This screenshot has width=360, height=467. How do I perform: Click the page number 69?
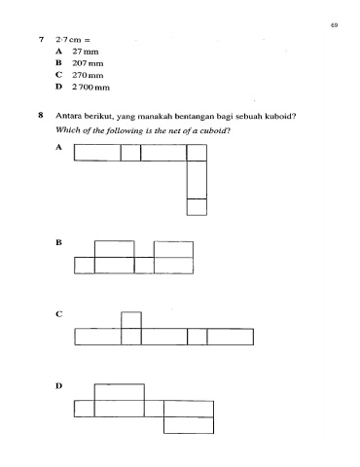tap(335, 25)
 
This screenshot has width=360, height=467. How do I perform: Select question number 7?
tap(41, 40)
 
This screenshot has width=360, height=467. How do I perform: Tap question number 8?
tap(41, 115)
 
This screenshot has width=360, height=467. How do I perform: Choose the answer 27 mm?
tap(86, 52)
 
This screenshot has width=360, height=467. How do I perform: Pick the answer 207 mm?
tap(88, 63)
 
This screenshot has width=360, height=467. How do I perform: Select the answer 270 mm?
tap(88, 75)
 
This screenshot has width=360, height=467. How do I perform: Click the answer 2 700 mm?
tap(90, 87)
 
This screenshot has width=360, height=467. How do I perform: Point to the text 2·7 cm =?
tap(73, 40)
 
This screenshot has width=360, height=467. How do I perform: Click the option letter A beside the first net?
tap(58, 147)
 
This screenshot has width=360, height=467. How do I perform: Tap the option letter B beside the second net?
tap(58, 242)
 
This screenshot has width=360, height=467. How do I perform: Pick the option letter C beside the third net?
tap(58, 314)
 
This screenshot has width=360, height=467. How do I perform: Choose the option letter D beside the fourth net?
tap(58, 386)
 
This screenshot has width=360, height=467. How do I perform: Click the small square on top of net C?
tap(131, 320)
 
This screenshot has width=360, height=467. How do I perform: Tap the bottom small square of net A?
tap(197, 207)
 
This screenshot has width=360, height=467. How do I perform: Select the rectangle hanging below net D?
tap(189, 425)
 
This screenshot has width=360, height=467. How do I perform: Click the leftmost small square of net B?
tap(85, 266)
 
